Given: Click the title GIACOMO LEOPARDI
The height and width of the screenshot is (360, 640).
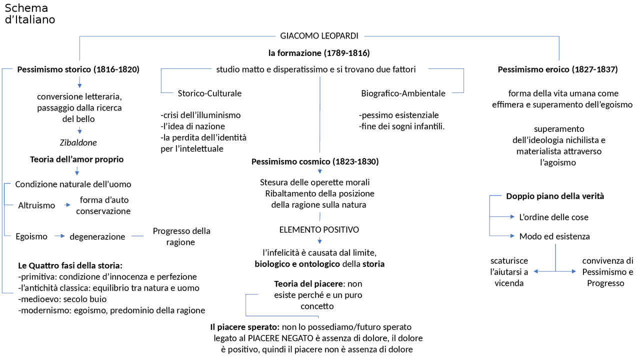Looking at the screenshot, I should pos(319,36).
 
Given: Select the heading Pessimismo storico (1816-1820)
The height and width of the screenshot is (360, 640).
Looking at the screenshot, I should pos(78,69).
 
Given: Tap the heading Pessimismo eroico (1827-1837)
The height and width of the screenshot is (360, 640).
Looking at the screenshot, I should pos(558,69).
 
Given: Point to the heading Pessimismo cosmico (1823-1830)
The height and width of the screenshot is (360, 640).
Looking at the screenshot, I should pos(315,161).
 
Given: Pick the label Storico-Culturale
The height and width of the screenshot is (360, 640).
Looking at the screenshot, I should pos(209,93).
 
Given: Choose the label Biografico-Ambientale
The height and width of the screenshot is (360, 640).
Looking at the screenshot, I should pos(403,93).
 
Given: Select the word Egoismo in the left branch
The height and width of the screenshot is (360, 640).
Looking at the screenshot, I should pos(32,236).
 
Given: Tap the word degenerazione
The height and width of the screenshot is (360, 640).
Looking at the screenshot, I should pos(97,236).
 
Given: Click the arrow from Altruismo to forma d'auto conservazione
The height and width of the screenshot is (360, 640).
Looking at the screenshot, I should pos(67,205).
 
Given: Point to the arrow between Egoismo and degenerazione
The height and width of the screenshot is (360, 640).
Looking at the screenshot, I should pos(60,236).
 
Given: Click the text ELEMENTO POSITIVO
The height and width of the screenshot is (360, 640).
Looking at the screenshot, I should pos(319,230).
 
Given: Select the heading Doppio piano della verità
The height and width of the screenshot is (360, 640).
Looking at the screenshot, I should pos(555,196).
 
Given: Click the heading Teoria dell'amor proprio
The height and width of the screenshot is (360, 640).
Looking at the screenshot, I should pos(76,159).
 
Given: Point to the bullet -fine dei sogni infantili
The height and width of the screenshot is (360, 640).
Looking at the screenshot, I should pos(401,126).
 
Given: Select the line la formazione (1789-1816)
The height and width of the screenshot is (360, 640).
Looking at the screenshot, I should pos(319,52).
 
